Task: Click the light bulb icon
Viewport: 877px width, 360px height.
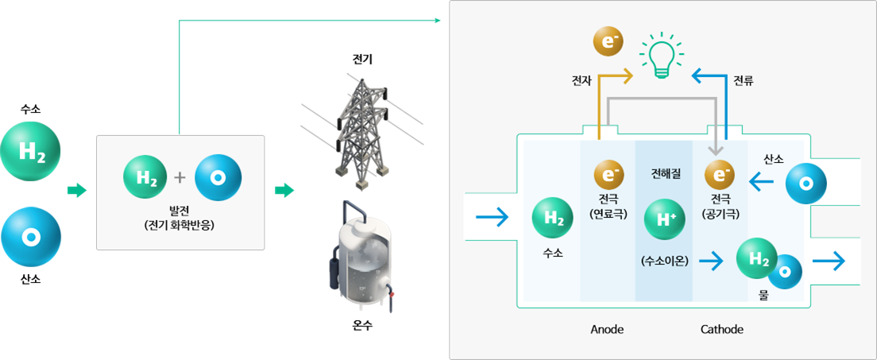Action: point(661,56)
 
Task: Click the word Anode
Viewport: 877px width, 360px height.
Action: point(607,329)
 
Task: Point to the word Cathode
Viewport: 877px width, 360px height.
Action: point(721,329)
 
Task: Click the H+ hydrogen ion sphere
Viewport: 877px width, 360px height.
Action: point(665,219)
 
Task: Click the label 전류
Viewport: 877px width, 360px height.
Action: point(744,79)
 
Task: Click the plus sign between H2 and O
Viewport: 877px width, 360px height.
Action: point(180,176)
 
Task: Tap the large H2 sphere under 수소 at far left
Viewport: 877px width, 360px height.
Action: point(30,151)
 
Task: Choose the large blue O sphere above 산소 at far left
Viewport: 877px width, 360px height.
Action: point(30,237)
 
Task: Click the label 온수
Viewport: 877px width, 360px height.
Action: point(362,325)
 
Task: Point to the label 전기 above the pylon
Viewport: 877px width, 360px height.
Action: point(362,60)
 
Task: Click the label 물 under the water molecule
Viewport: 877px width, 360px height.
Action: point(763,296)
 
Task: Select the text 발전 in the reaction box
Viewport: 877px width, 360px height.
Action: point(180,210)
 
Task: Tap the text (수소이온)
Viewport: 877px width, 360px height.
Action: point(665,260)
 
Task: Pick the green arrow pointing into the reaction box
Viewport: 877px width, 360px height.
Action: point(76,191)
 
